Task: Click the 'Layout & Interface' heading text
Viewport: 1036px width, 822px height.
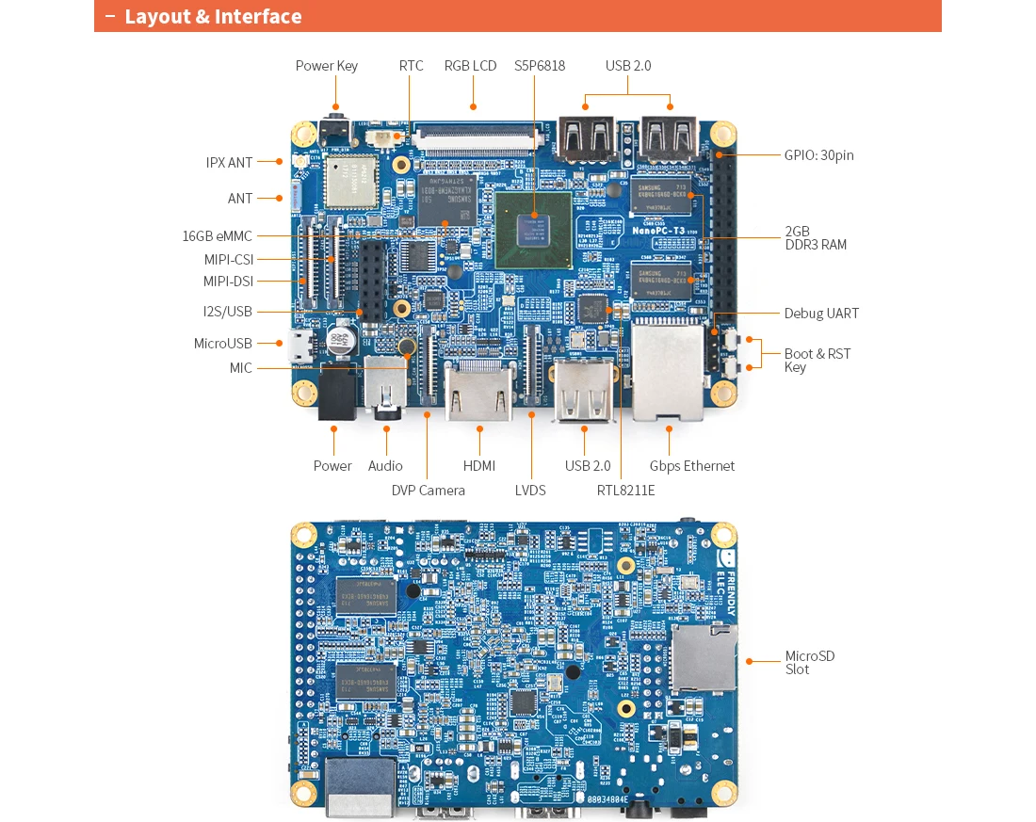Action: tap(213, 16)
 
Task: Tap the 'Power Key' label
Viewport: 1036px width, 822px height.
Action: tap(326, 66)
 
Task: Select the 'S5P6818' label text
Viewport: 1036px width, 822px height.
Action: tap(540, 66)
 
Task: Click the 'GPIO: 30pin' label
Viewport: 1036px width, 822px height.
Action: tap(818, 155)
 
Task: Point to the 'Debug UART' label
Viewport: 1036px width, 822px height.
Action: tap(821, 314)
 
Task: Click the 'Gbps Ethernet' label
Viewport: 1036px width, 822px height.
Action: tap(691, 466)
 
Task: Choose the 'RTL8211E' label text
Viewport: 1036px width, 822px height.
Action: tap(625, 490)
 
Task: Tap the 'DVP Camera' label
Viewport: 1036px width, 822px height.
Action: tap(428, 490)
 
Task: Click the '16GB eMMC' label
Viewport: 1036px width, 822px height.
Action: tap(218, 236)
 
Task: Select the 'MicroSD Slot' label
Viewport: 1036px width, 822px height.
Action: tap(809, 662)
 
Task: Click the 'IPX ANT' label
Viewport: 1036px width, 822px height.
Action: tap(230, 163)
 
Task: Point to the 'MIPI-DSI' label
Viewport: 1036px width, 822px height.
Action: tap(228, 282)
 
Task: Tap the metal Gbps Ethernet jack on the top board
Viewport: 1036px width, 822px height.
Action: tap(669, 372)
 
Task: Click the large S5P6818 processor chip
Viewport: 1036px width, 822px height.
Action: tap(533, 228)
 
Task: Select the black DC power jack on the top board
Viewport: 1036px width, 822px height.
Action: tap(336, 393)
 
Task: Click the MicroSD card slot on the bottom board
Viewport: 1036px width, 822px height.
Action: tap(703, 658)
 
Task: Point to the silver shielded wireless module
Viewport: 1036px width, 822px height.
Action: tap(349, 180)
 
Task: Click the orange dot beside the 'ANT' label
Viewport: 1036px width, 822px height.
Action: tap(280, 199)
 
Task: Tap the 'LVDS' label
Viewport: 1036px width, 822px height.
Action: tap(530, 490)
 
